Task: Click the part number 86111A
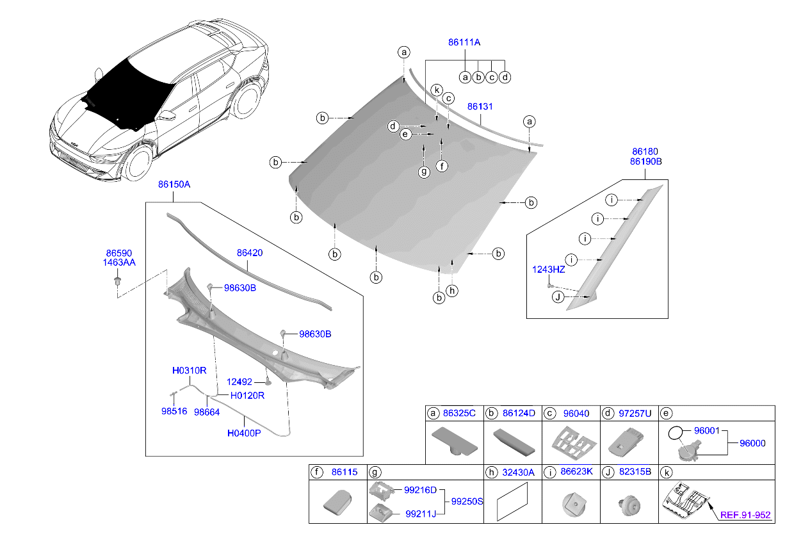[464, 42]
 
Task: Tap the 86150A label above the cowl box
[174, 184]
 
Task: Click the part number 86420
[250, 253]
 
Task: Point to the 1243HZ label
[548, 269]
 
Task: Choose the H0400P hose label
[244, 433]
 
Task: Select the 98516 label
[174, 412]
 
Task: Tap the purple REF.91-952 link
[745, 514]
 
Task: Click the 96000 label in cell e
[752, 443]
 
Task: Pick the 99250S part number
[467, 501]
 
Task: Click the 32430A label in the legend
[518, 472]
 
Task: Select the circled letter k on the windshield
[436, 90]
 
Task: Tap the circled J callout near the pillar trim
[558, 297]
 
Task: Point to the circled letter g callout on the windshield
[423, 172]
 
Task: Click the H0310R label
[189, 370]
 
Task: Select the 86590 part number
[119, 254]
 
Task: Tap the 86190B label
[645, 162]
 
